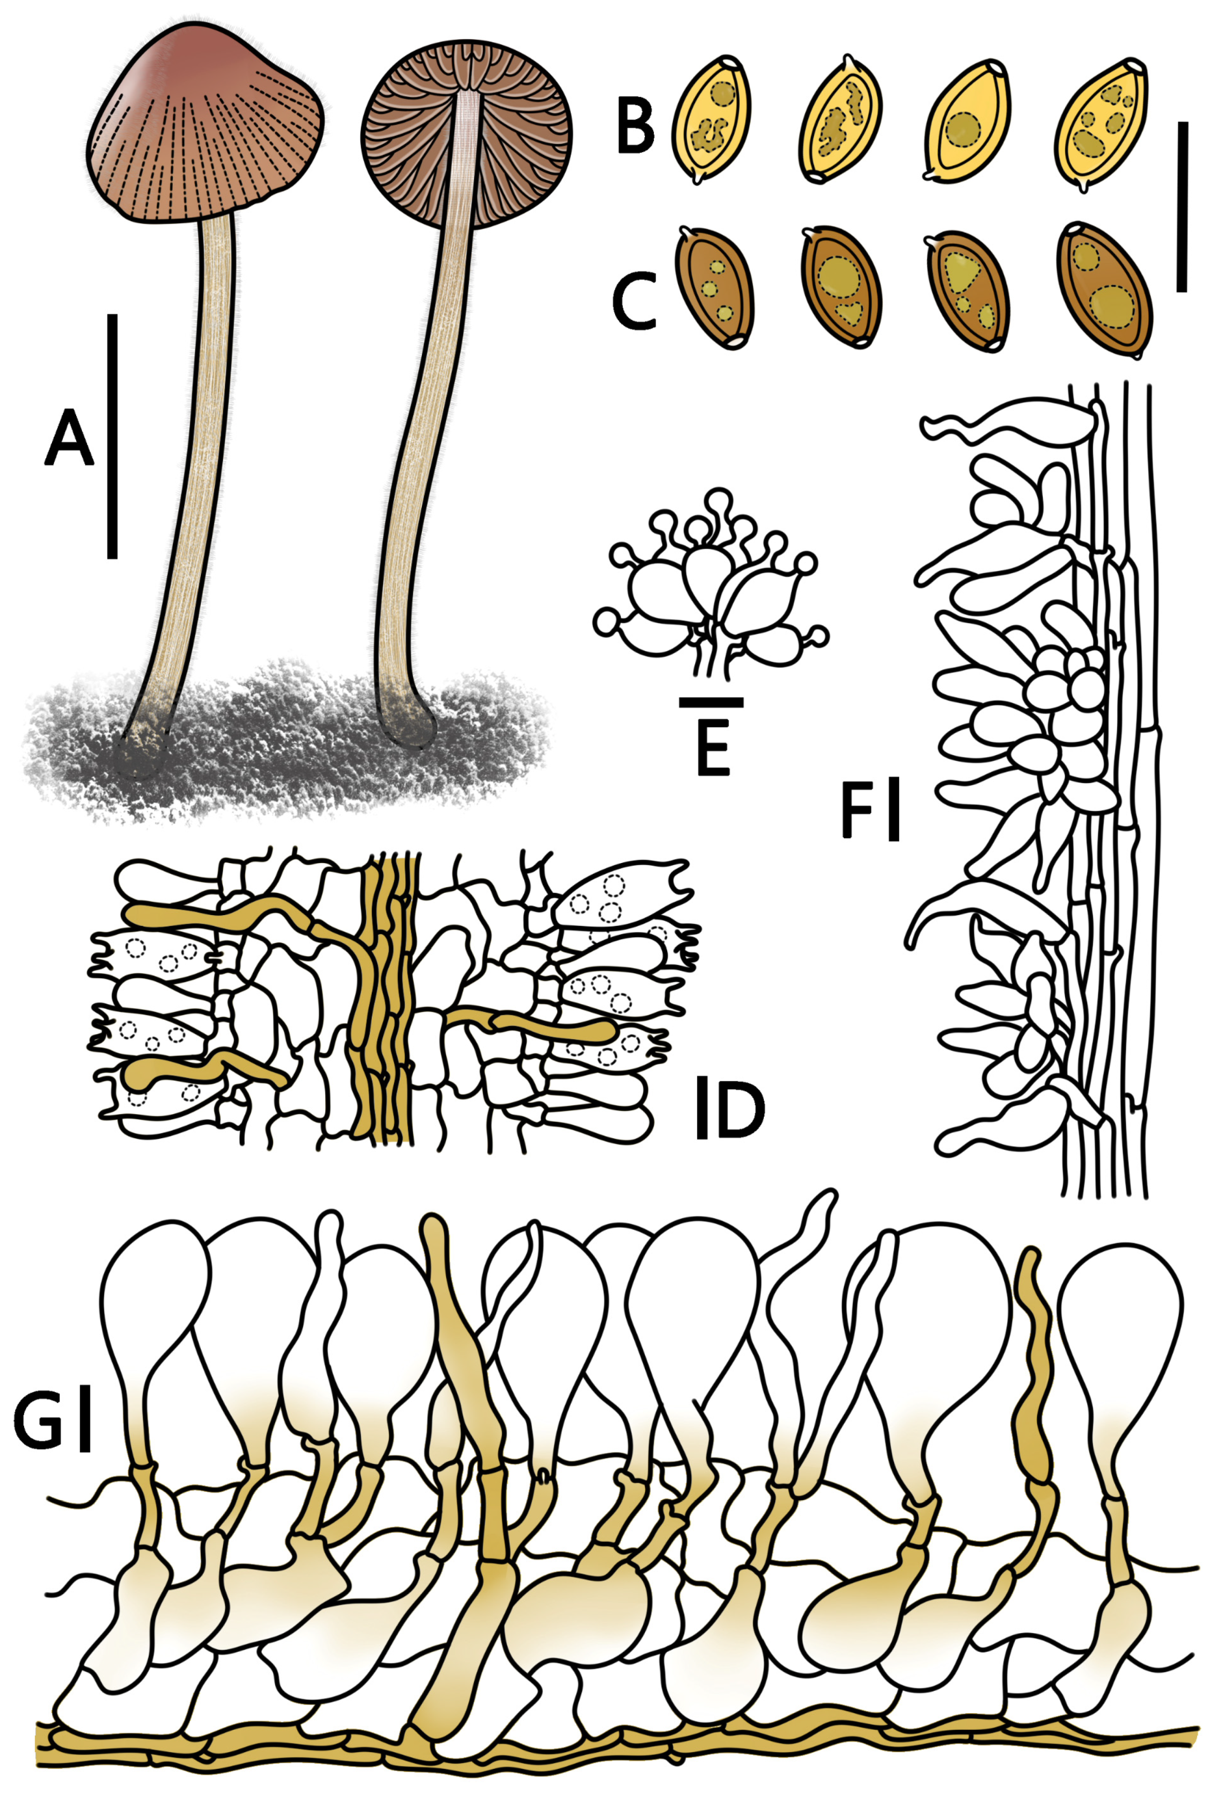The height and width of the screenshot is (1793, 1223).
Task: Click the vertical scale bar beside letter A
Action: [x=112, y=436]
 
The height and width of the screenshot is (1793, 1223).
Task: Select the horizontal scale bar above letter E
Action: [x=711, y=702]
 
